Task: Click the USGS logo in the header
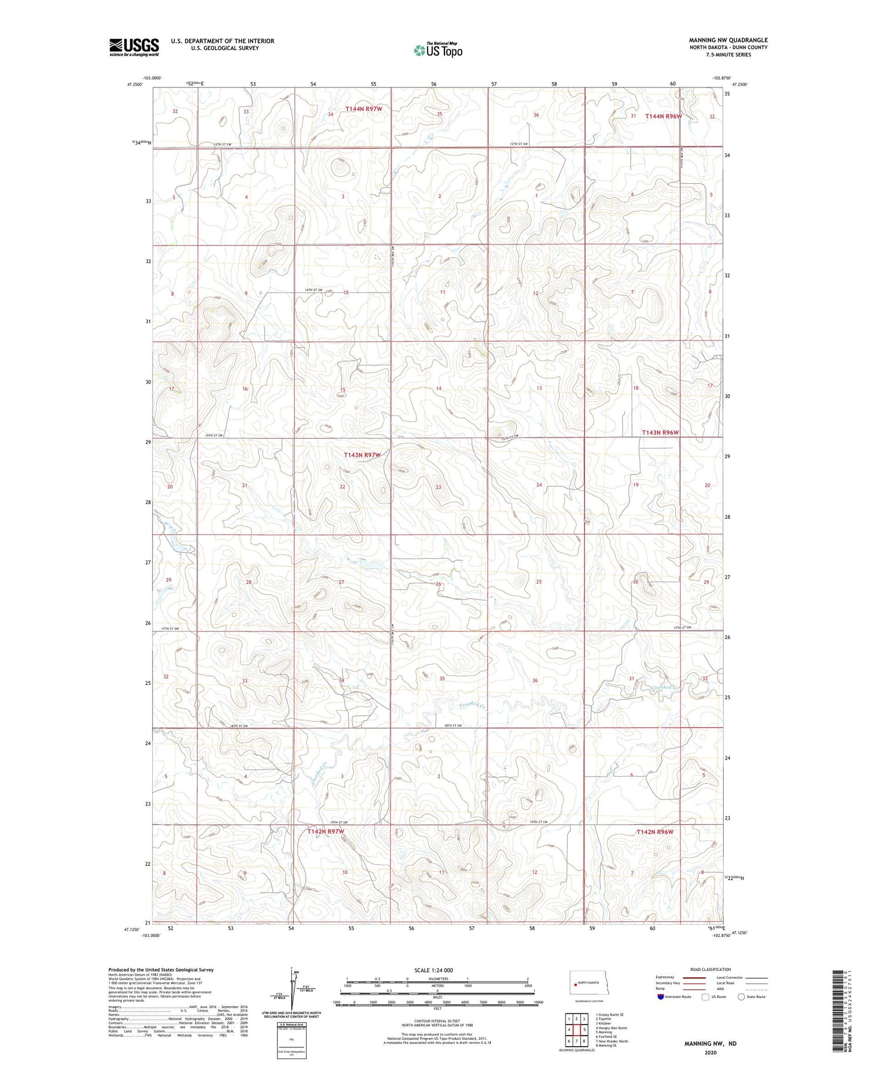coord(134,47)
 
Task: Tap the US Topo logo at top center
coord(438,50)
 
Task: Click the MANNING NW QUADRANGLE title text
coord(728,40)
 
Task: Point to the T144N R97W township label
coord(364,109)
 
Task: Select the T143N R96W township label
coord(660,432)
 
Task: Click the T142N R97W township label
coord(325,832)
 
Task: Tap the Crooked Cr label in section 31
coord(666,687)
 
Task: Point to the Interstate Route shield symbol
coord(661,997)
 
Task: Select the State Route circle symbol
coord(741,997)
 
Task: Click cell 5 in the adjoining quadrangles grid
coord(585,1030)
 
